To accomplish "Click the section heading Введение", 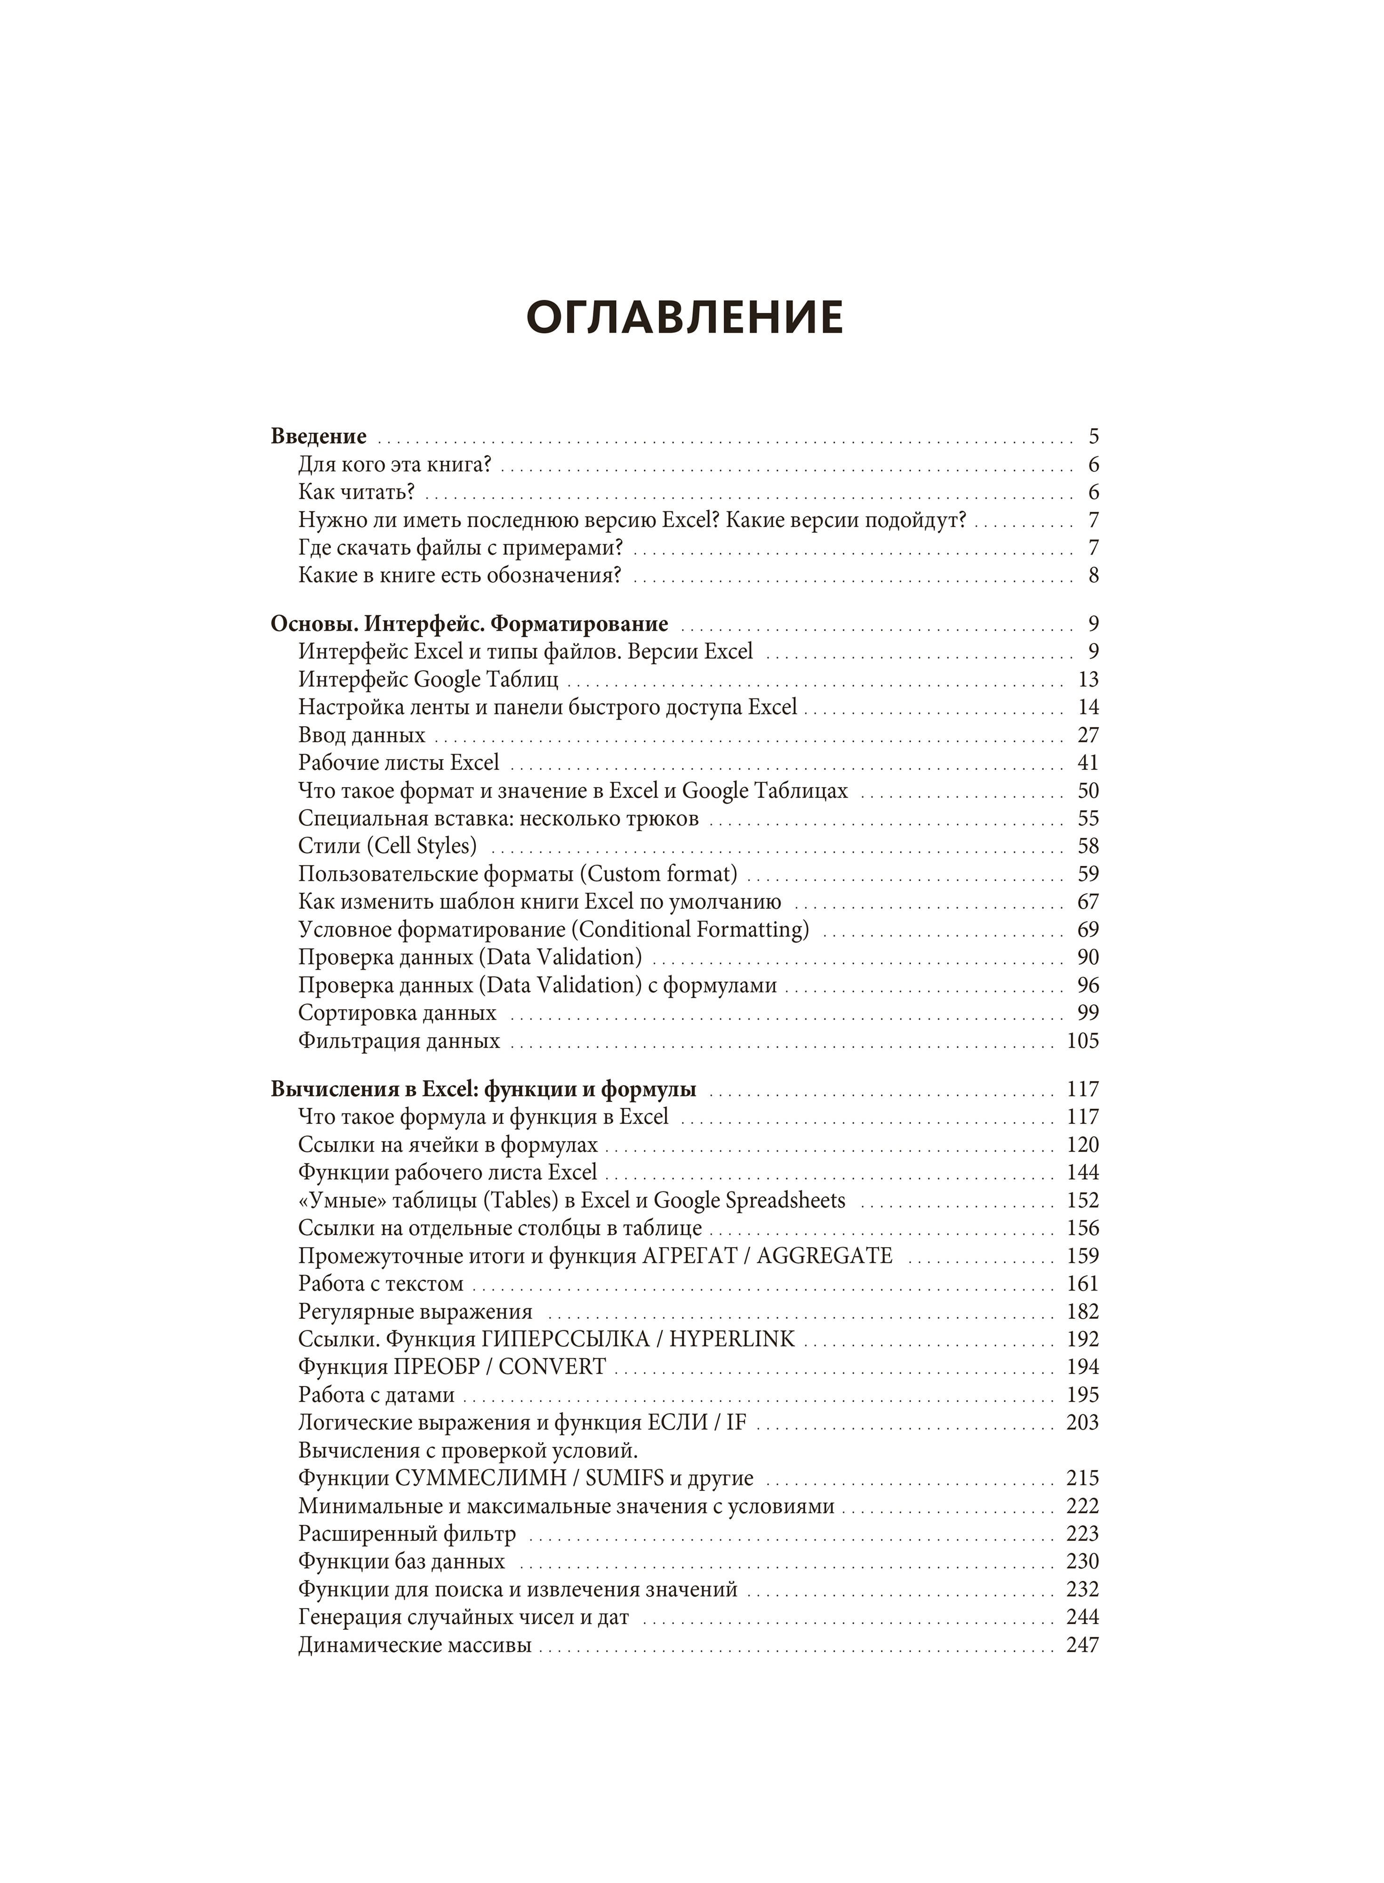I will pyautogui.click(x=319, y=436).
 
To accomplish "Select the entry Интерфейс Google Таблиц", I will pyautogui.click(x=428, y=679).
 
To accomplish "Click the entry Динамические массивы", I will pyautogui.click(x=415, y=1645).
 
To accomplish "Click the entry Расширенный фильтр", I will pyautogui.click(x=407, y=1534).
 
